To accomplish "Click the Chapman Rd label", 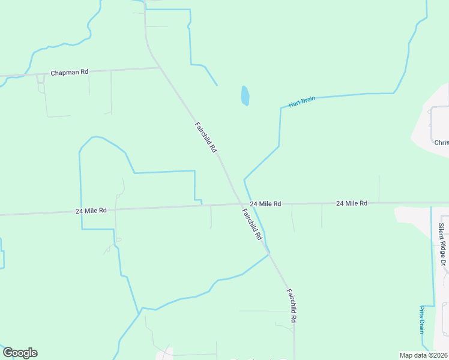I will pyautogui.click(x=70, y=72).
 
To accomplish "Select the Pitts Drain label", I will pyautogui.click(x=422, y=319).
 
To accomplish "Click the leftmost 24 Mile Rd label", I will pyautogui.click(x=91, y=211).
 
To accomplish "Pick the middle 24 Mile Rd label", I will pyautogui.click(x=265, y=204).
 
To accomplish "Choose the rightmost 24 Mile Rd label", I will pyautogui.click(x=352, y=203).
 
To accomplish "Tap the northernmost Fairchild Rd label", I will pyautogui.click(x=205, y=137).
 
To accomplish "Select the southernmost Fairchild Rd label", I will pyautogui.click(x=291, y=306).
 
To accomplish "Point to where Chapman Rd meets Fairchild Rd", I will pyautogui.click(x=160, y=68).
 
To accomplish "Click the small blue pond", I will pyautogui.click(x=245, y=95).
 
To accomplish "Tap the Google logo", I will pyautogui.click(x=20, y=353).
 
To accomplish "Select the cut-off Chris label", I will pyautogui.click(x=441, y=142).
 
